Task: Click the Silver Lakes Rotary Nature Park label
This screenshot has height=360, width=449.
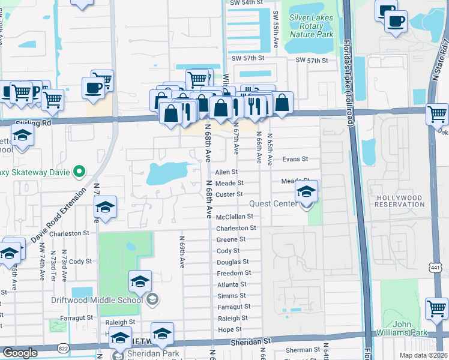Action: pos(312,26)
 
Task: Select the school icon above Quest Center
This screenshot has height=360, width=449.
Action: pos(306,193)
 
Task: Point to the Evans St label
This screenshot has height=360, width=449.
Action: pos(295,159)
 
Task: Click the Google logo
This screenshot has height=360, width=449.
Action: pos(20,353)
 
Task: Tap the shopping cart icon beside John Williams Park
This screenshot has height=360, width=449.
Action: pos(436,309)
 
